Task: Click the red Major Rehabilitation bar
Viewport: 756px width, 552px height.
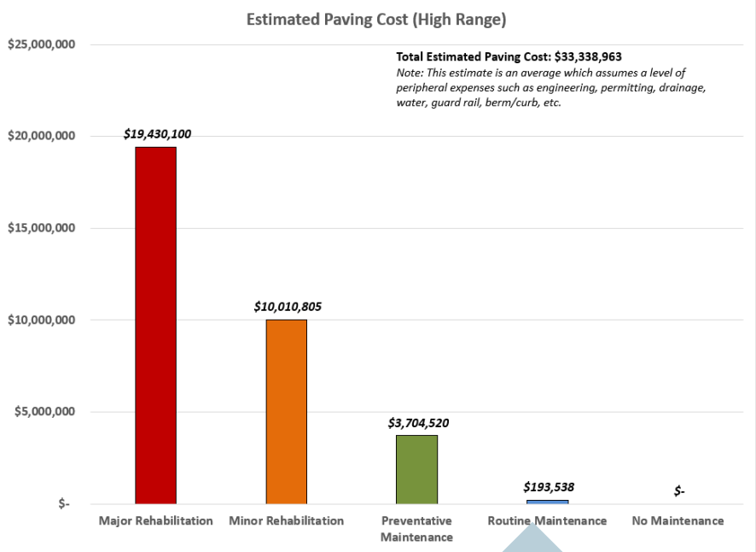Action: click(x=155, y=325)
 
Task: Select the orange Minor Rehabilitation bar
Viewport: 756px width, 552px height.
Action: click(x=286, y=411)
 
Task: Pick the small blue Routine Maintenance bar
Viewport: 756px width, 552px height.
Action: click(x=547, y=502)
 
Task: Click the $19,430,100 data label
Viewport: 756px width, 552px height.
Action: click(x=157, y=134)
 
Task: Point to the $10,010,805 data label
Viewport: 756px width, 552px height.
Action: click(x=288, y=306)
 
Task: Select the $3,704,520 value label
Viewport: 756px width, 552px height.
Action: click(x=418, y=422)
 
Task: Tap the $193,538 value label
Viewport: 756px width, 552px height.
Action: click(x=549, y=487)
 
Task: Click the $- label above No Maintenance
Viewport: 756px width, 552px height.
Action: click(x=679, y=490)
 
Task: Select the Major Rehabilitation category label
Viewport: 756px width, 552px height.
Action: click(x=155, y=520)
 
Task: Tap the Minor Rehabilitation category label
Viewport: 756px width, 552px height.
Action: click(x=287, y=520)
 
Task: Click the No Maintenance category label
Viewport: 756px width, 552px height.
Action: click(x=677, y=520)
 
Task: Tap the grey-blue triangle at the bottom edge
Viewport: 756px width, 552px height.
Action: click(x=532, y=541)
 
